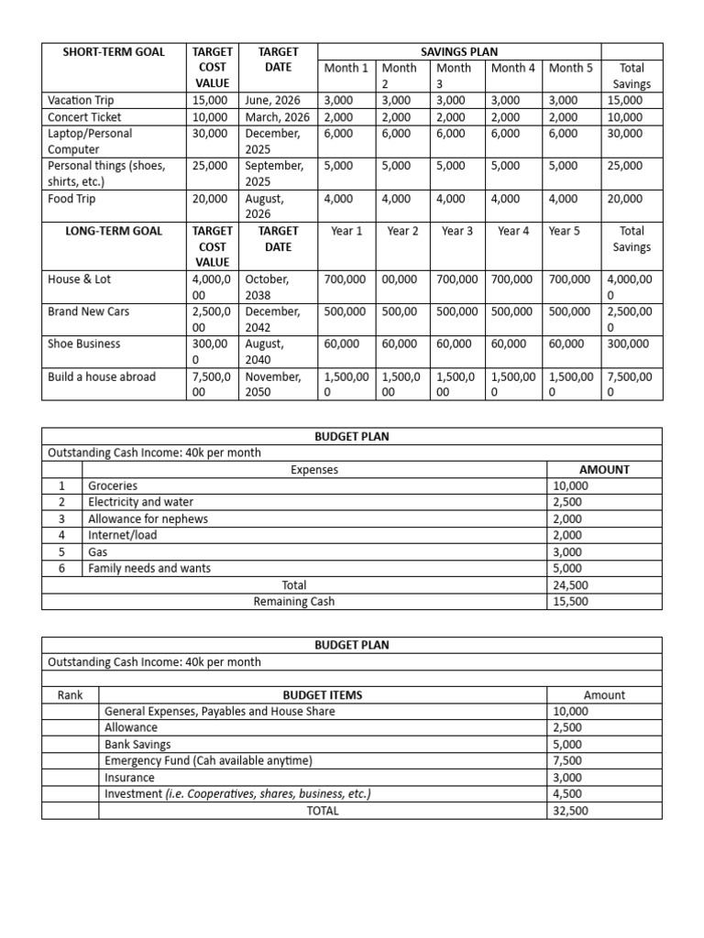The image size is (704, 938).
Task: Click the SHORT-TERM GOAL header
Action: pos(113,51)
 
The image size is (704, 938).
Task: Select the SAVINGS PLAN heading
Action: pos(459,51)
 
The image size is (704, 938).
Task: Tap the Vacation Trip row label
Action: pos(81,100)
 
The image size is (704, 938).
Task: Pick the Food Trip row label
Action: pos(71,199)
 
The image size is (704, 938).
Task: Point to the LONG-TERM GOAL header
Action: pos(113,231)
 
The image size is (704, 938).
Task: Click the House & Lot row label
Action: pos(80,279)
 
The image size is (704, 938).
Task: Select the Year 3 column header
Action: pos(457,231)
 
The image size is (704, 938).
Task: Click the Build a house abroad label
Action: pos(102,376)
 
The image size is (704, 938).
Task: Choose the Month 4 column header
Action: pos(513,68)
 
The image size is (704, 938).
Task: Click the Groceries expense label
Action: pos(113,485)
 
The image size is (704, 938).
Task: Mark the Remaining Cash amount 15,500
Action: pos(570,602)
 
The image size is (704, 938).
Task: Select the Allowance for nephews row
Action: pos(148,518)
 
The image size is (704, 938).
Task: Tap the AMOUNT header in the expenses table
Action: pos(604,469)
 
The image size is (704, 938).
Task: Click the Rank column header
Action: pos(71,694)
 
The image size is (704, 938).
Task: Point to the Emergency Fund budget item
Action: pos(208,760)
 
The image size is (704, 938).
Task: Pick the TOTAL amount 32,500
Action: pos(570,811)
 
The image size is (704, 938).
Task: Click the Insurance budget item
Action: pos(131,777)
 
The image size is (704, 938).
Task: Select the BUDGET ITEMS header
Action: pos(323,694)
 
